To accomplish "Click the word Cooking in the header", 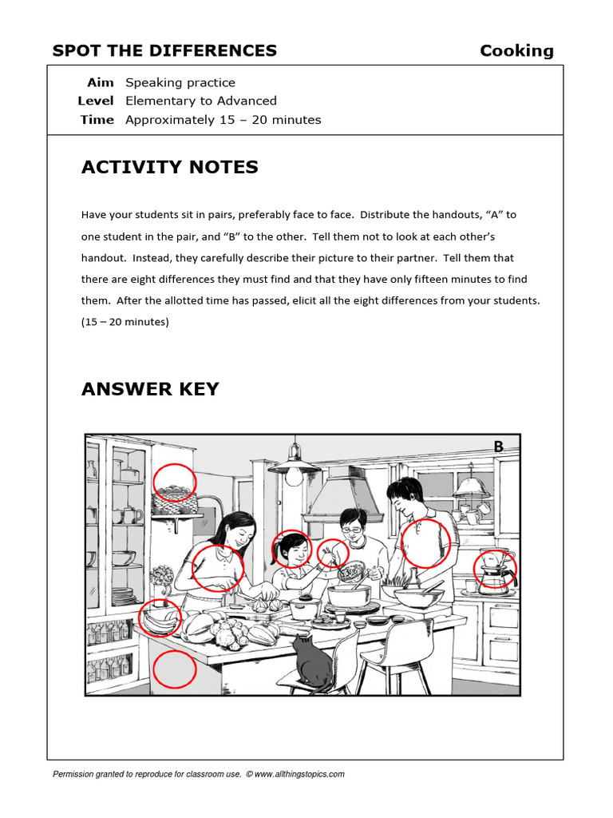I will point(516,51).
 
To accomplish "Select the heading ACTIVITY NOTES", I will point(169,168).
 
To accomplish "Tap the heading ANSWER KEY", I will point(150,389).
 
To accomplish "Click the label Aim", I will point(100,82).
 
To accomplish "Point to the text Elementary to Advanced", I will point(200,101).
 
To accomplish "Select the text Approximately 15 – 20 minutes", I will point(223,120).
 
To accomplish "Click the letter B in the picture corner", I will point(498,447).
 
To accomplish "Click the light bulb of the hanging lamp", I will point(295,477).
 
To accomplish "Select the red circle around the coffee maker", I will point(495,570).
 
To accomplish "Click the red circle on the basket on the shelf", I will point(173,482).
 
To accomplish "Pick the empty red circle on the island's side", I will point(174,669).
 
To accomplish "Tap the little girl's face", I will point(292,550).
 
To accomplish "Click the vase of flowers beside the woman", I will point(162,578).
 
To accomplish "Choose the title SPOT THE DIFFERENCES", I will point(164,51).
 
